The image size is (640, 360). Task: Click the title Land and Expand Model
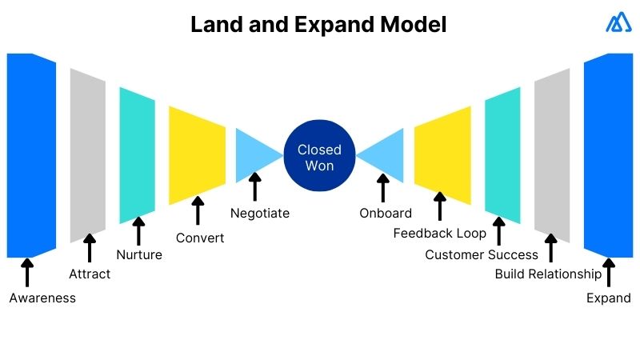click(318, 25)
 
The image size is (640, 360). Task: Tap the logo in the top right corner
click(618, 24)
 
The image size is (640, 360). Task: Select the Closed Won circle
click(319, 157)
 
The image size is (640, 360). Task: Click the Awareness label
click(42, 298)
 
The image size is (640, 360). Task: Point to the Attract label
click(90, 274)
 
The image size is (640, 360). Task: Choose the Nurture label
click(139, 255)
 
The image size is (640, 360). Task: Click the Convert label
click(200, 238)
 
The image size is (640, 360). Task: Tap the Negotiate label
click(260, 213)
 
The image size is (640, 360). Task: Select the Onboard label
click(386, 213)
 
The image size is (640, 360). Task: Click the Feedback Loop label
click(439, 234)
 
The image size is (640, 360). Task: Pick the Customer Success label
click(482, 254)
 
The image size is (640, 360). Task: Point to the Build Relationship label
click(548, 274)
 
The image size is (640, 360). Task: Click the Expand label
click(609, 298)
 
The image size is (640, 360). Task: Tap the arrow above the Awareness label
click(28, 272)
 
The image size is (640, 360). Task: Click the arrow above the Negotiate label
click(255, 188)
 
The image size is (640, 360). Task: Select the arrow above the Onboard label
click(382, 188)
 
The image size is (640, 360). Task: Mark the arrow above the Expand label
click(609, 272)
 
